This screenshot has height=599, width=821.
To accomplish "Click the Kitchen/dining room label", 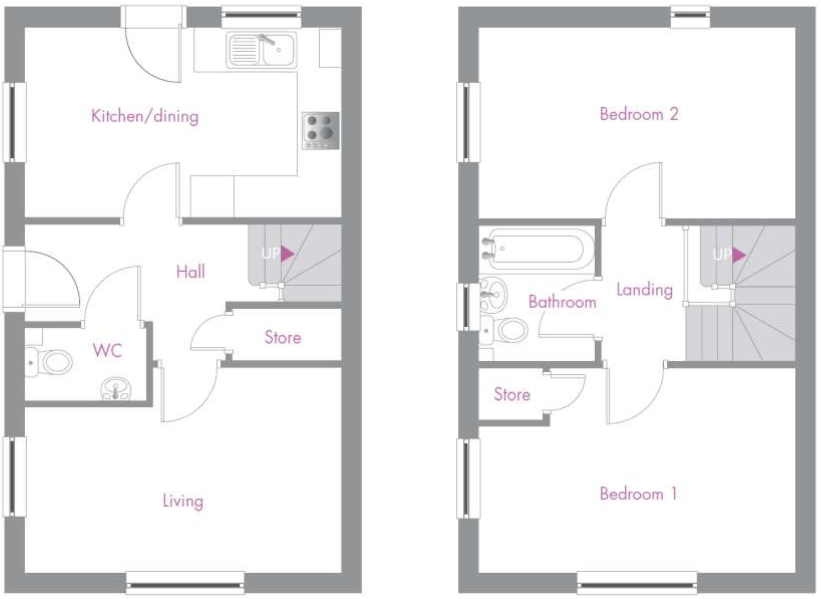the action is [145, 116].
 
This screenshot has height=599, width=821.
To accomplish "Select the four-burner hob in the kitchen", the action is [321, 130].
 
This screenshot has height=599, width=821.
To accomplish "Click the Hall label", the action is [191, 272].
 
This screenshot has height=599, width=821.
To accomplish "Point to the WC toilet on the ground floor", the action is [49, 362].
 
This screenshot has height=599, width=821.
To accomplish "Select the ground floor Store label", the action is [283, 338].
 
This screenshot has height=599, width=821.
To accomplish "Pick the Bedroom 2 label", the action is [639, 114].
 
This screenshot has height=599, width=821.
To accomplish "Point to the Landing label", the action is [645, 290].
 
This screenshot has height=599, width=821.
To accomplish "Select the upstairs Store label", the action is [512, 395].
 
